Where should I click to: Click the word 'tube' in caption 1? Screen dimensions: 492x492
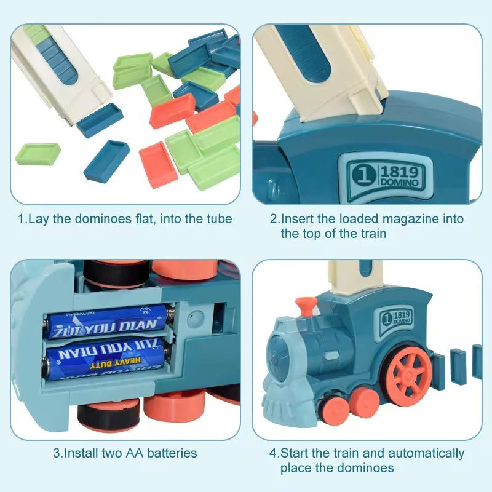[x=220, y=219]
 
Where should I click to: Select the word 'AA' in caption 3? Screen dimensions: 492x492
[x=135, y=453]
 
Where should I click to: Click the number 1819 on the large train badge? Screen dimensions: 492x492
[x=399, y=172]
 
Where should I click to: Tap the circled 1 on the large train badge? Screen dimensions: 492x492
[x=364, y=174]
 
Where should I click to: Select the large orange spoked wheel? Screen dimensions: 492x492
[x=408, y=372]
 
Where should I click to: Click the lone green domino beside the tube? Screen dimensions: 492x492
[x=38, y=154]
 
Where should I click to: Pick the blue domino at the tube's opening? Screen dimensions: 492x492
[x=100, y=119]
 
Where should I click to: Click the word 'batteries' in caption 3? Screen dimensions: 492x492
[x=172, y=453]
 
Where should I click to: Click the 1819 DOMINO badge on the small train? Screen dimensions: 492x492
[x=395, y=319]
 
